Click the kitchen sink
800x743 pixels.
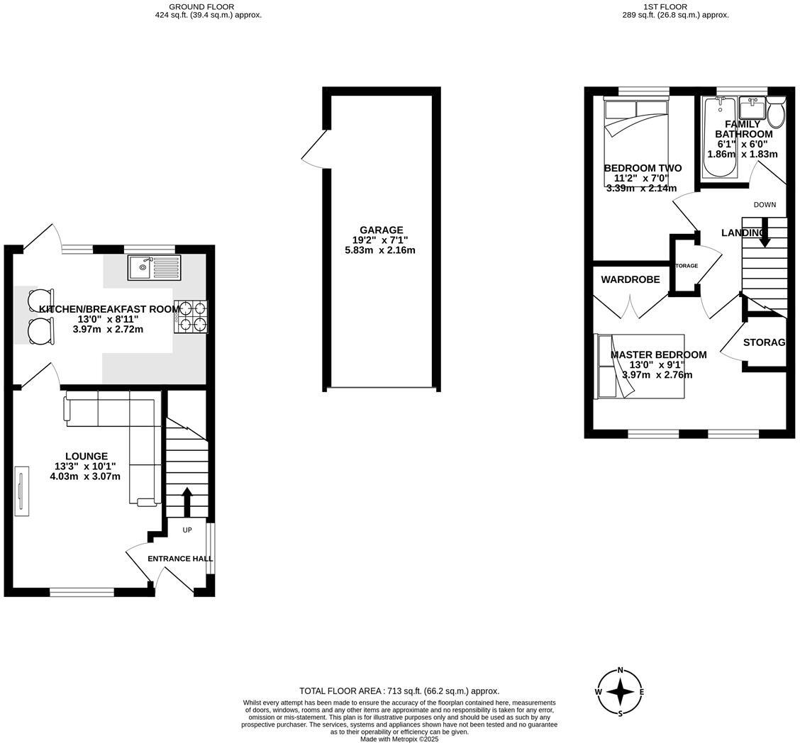(x=154, y=267)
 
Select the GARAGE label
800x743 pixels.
(x=381, y=230)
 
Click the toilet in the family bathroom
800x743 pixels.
(x=776, y=112)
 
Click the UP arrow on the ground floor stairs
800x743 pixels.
(x=187, y=502)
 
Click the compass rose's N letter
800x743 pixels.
(x=621, y=670)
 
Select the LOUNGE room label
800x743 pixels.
(x=87, y=456)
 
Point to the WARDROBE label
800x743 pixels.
(x=630, y=279)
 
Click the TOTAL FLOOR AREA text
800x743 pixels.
(x=399, y=691)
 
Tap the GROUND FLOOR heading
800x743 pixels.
(x=208, y=6)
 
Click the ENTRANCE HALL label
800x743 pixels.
(x=179, y=559)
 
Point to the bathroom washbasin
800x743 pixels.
(x=751, y=108)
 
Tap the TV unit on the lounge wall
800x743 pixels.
(x=21, y=492)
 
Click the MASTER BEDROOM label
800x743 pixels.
(x=658, y=354)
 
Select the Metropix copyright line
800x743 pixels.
(x=399, y=739)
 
